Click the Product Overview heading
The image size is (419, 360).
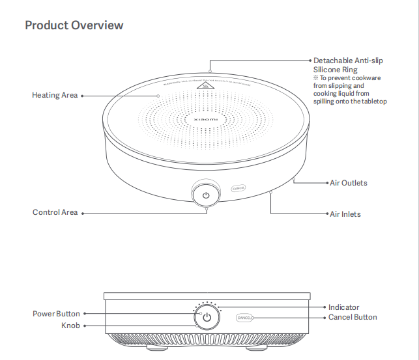click(x=74, y=25)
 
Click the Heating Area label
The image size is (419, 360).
click(x=55, y=95)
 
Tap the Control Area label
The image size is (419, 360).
click(x=55, y=212)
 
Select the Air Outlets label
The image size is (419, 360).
click(x=348, y=183)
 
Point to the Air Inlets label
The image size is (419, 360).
click(x=345, y=214)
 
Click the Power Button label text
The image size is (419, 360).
click(x=56, y=314)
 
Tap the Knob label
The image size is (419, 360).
click(x=70, y=325)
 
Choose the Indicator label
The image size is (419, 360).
click(x=343, y=307)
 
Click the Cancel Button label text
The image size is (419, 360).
click(x=353, y=318)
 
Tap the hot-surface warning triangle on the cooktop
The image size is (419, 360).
click(x=207, y=86)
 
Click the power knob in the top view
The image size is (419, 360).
click(x=206, y=195)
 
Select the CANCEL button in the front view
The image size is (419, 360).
click(x=244, y=318)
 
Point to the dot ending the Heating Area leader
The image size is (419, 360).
click(x=158, y=95)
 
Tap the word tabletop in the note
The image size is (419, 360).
click(x=374, y=102)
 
